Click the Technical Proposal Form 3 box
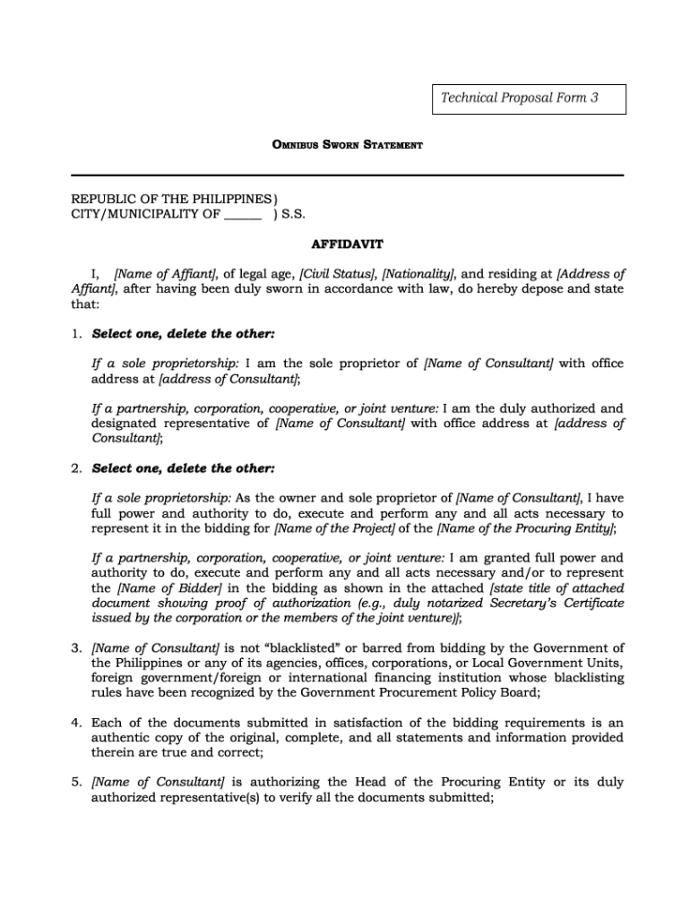tap(530, 99)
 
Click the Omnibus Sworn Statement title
tap(348, 145)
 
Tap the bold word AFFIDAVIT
tap(348, 243)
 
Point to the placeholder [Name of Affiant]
tap(166, 274)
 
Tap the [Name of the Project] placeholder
tap(334, 528)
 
